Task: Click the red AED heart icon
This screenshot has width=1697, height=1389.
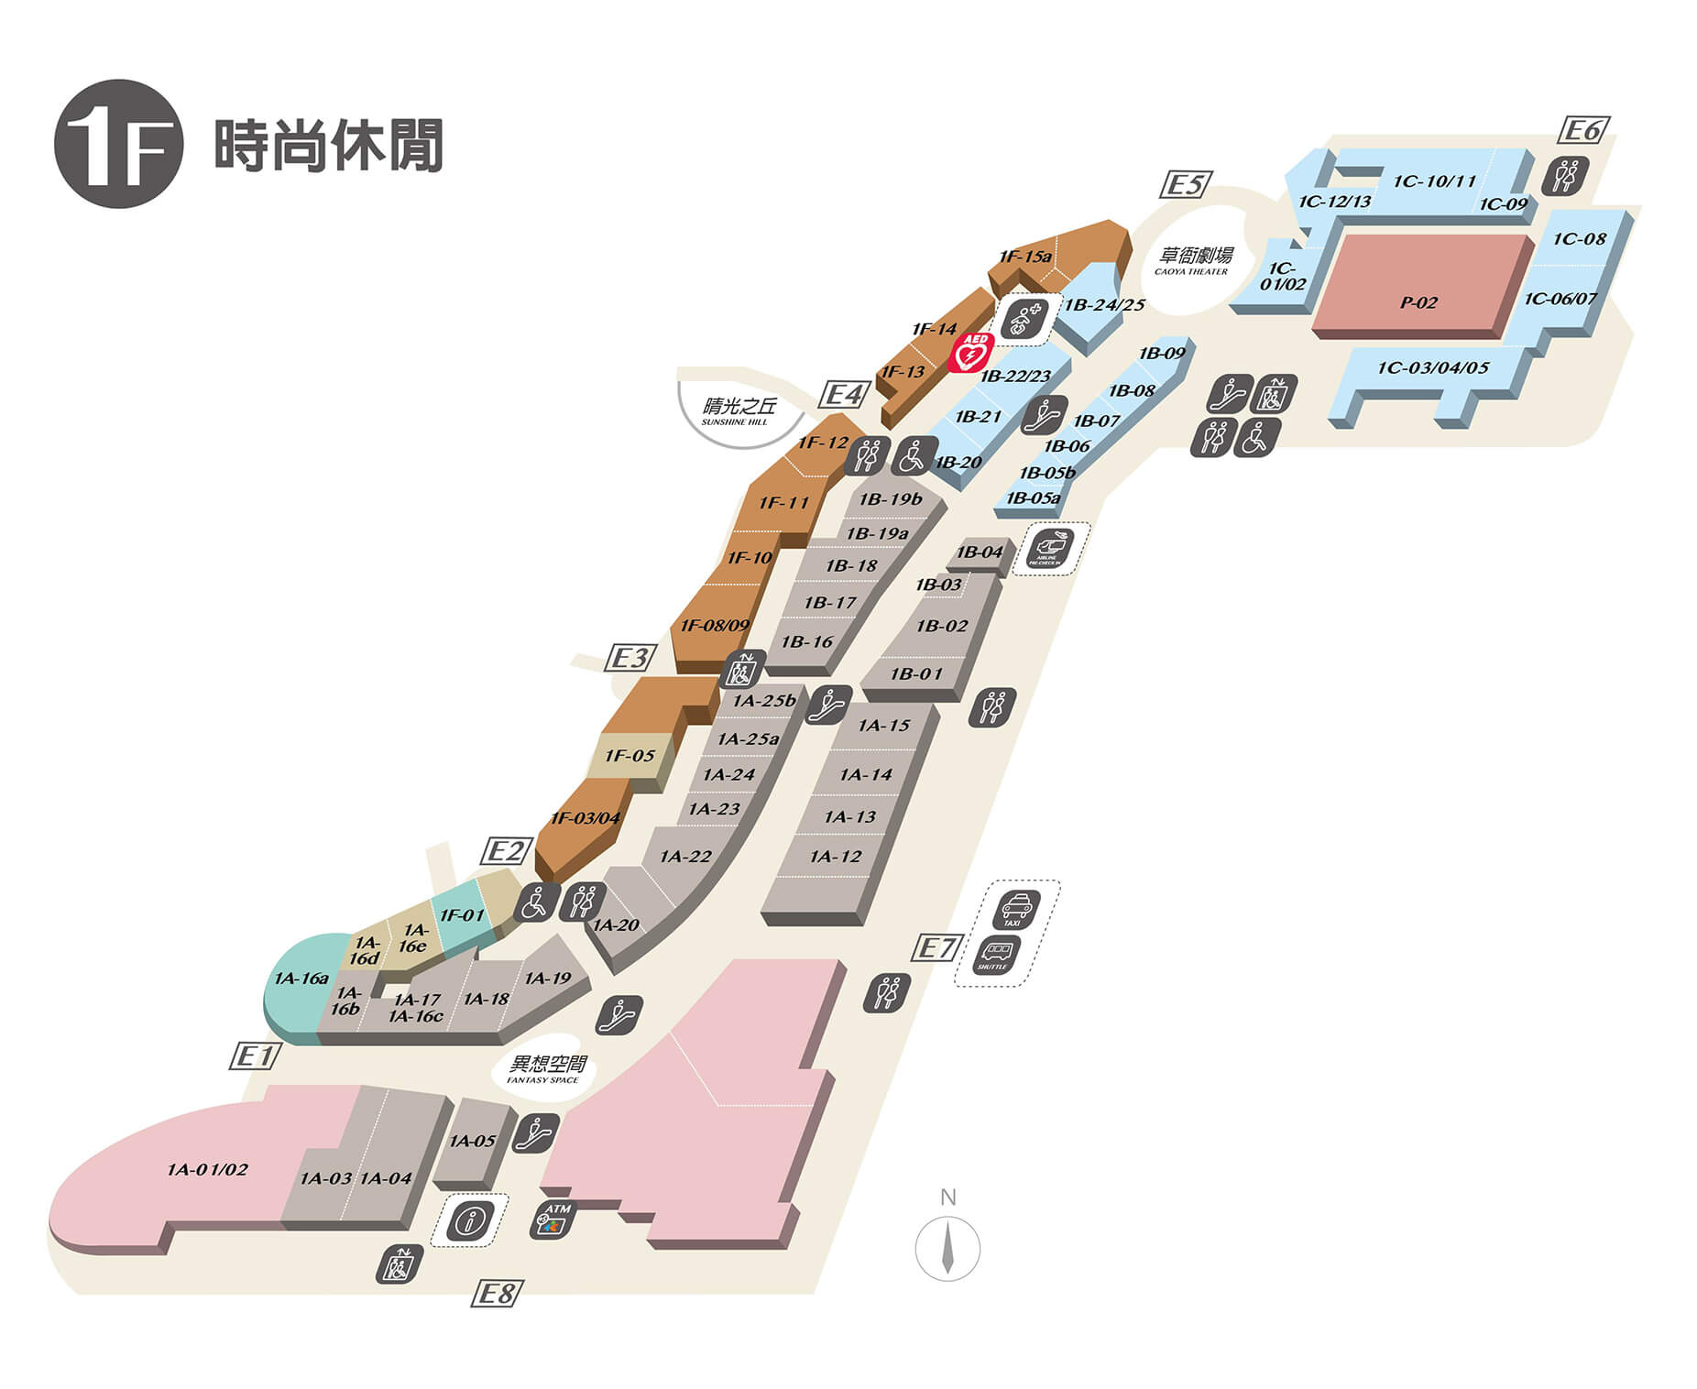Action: (970, 352)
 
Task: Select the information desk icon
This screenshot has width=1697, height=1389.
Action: (471, 1219)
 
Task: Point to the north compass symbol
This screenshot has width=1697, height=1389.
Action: (947, 1248)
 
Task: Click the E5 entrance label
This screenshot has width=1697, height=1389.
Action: (1186, 185)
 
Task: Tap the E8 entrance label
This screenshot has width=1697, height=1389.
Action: (498, 1293)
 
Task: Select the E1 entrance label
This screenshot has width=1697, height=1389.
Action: (255, 1056)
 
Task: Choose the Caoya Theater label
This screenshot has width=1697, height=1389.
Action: (1195, 259)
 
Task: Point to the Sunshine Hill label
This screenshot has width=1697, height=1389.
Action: (739, 410)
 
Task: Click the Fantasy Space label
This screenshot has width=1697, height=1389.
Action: (546, 1068)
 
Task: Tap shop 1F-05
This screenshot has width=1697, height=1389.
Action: (630, 756)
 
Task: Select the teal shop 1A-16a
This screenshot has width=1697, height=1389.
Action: (301, 979)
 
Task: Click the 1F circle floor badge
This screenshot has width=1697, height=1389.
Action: (119, 144)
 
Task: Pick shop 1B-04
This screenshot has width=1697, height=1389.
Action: (980, 552)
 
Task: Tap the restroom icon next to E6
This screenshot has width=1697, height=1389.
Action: (1565, 175)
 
